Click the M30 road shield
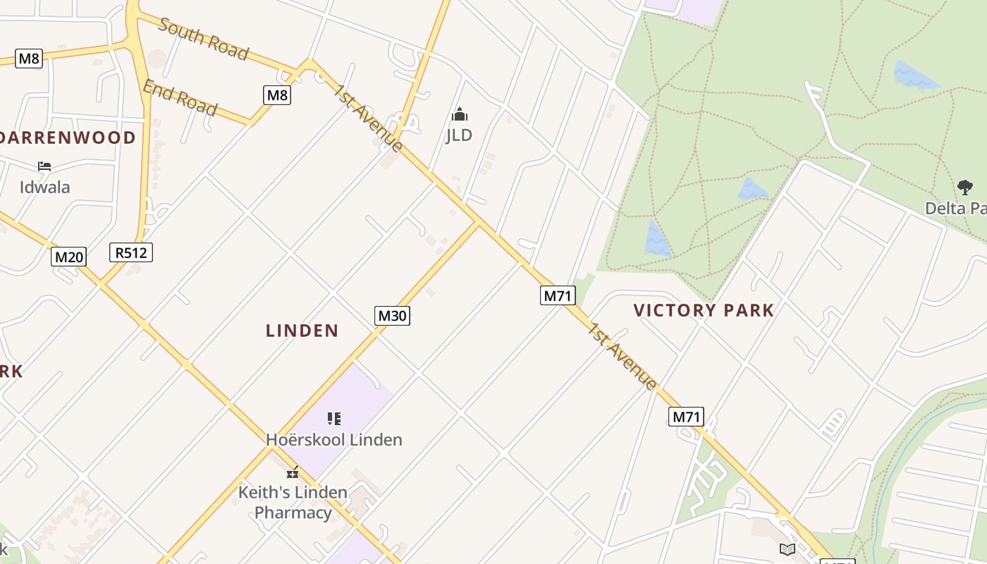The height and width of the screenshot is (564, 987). tap(392, 315)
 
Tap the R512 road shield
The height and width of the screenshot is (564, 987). tap(131, 252)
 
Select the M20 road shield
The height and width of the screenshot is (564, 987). tap(69, 257)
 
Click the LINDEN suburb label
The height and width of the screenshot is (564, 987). tap(302, 330)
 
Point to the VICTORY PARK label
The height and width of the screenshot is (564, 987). tap(704, 310)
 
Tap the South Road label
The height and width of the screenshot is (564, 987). tap(204, 39)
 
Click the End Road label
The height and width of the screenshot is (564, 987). tap(180, 97)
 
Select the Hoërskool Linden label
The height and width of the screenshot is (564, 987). tap(334, 439)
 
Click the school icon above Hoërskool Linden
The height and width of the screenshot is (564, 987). tap(334, 419)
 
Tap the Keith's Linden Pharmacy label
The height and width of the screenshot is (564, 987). tap(293, 502)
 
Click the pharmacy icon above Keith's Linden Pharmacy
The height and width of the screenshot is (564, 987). tap(293, 473)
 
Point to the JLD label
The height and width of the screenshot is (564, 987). tap(459, 135)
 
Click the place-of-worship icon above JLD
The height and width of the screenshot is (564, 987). tap(460, 114)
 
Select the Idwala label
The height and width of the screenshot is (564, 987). tap(45, 187)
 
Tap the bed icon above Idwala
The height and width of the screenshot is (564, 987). tap(44, 166)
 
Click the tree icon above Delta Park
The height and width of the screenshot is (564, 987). tap(965, 188)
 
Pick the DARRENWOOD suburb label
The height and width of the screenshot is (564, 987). tap(68, 137)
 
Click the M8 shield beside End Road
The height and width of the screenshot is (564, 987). tap(277, 94)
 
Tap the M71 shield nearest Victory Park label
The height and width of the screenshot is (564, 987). tap(558, 295)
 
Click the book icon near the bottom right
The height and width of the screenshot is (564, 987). tap(787, 548)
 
